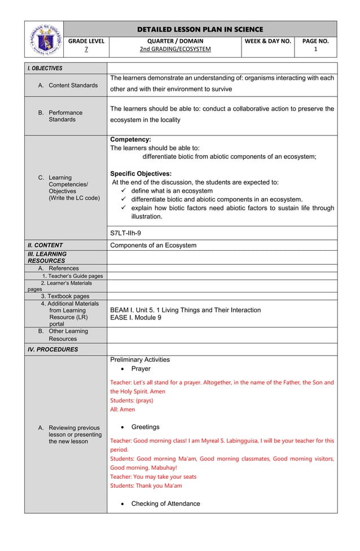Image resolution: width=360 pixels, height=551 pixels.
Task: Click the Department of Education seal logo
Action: click(x=43, y=39)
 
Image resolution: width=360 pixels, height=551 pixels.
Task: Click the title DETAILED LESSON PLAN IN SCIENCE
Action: click(x=200, y=29)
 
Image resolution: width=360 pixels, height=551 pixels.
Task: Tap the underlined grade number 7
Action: click(x=86, y=49)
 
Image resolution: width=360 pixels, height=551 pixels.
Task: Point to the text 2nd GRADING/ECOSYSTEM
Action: click(x=175, y=49)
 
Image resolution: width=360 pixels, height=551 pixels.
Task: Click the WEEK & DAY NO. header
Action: click(x=268, y=41)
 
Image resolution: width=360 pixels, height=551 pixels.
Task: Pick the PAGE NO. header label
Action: click(x=315, y=41)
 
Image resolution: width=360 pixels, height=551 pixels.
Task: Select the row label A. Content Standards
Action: click(x=68, y=85)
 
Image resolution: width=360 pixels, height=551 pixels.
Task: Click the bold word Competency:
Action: click(x=130, y=139)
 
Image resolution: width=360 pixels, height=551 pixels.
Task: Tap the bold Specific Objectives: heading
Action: click(x=141, y=173)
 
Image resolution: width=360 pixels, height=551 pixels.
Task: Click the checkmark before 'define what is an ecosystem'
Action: click(x=124, y=191)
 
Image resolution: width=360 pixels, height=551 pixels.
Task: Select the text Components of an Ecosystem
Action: click(x=153, y=245)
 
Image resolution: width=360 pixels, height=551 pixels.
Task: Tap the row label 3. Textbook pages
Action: click(x=65, y=296)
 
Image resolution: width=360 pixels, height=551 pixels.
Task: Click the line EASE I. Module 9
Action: click(x=135, y=318)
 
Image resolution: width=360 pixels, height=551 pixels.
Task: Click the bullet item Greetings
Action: click(x=145, y=427)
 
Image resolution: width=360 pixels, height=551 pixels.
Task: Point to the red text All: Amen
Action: click(x=122, y=409)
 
